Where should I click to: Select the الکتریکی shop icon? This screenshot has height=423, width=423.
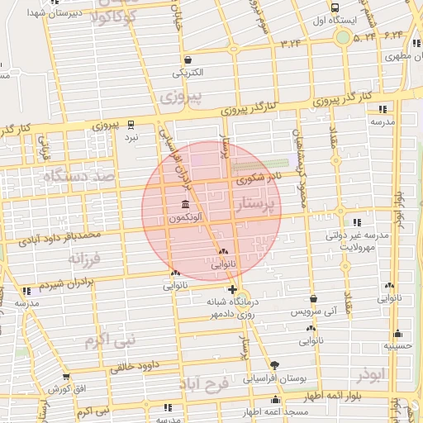point(189,59)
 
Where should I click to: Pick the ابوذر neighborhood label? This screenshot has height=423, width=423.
point(373,375)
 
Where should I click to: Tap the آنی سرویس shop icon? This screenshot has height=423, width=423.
point(313,299)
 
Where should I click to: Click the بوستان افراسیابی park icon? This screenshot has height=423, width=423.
point(274,365)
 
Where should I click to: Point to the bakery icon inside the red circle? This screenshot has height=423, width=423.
point(224,252)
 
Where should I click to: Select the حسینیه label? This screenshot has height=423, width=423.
point(399,345)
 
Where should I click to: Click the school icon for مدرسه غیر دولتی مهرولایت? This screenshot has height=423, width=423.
point(356,222)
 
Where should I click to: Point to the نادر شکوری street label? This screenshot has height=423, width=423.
point(259,178)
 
